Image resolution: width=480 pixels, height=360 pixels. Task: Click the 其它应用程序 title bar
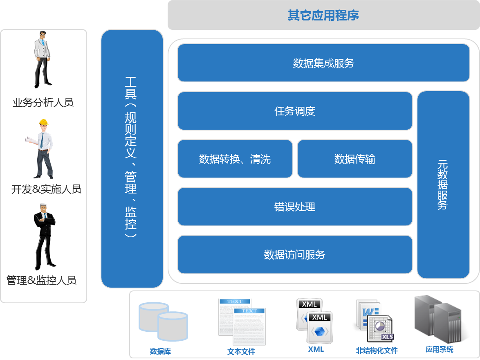(x=323, y=16)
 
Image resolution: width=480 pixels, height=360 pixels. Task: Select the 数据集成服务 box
(x=323, y=63)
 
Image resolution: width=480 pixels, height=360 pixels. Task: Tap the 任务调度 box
(x=295, y=111)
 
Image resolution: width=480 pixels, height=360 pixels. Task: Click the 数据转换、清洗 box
(x=235, y=159)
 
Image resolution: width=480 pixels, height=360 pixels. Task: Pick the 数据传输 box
(x=354, y=159)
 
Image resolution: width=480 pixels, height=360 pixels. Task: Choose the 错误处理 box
(x=295, y=207)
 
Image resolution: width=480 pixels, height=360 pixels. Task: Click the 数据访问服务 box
(x=295, y=254)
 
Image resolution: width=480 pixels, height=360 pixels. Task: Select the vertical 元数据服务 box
(x=443, y=184)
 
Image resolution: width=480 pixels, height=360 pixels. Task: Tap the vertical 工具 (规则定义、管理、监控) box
(x=132, y=158)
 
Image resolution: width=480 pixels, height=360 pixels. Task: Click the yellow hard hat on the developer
(x=44, y=122)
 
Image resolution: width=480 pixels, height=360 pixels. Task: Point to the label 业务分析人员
(x=43, y=102)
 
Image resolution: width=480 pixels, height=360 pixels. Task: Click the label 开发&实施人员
(x=46, y=189)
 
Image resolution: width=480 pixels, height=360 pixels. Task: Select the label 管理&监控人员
(x=41, y=280)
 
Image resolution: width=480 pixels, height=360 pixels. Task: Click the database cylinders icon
(x=163, y=322)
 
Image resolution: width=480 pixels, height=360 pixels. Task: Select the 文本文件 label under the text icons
(x=241, y=351)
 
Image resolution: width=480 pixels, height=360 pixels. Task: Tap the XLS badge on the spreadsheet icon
(x=387, y=337)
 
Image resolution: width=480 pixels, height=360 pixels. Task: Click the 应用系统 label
(x=439, y=349)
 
